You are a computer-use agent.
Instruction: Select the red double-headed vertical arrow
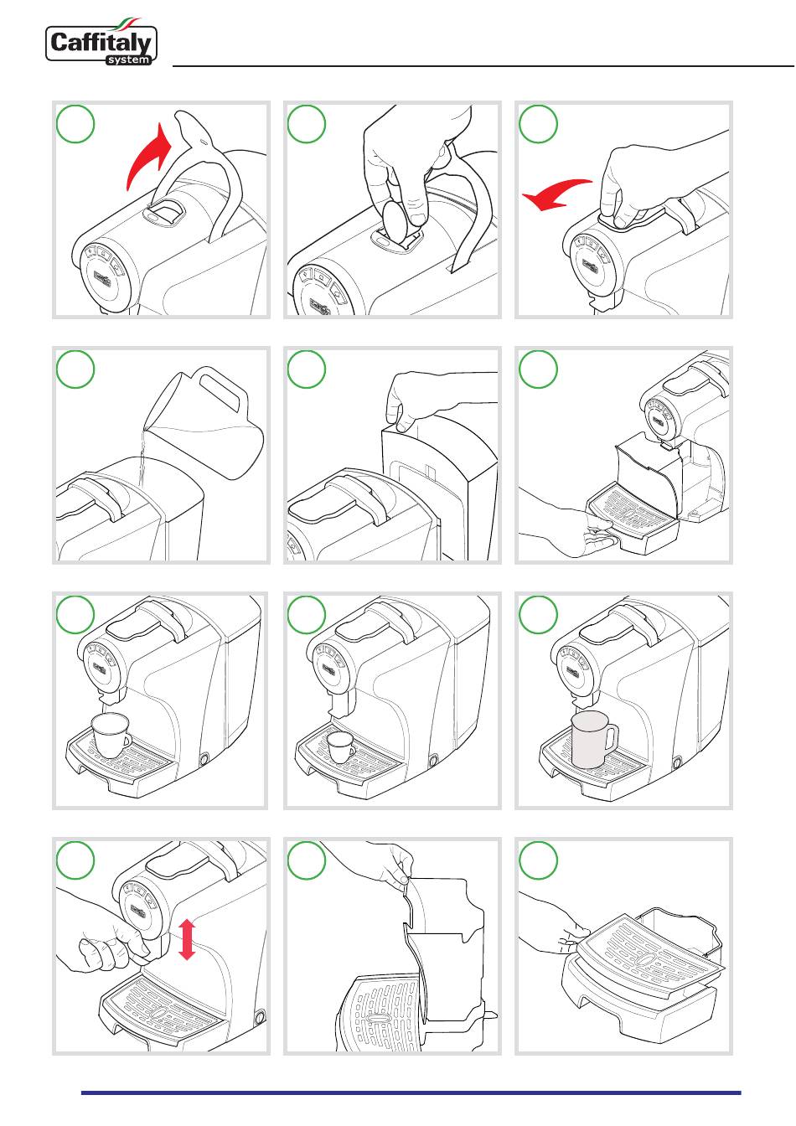(187, 939)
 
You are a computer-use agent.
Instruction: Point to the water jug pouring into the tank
(204, 423)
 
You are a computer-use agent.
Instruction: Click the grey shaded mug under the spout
(593, 739)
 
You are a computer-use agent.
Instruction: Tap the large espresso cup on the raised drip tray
(111, 735)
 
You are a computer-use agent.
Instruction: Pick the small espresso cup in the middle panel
(341, 747)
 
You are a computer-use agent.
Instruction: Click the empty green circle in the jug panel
(75, 369)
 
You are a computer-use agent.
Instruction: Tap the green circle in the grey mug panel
(538, 614)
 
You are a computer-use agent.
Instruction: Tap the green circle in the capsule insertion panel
(306, 124)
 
